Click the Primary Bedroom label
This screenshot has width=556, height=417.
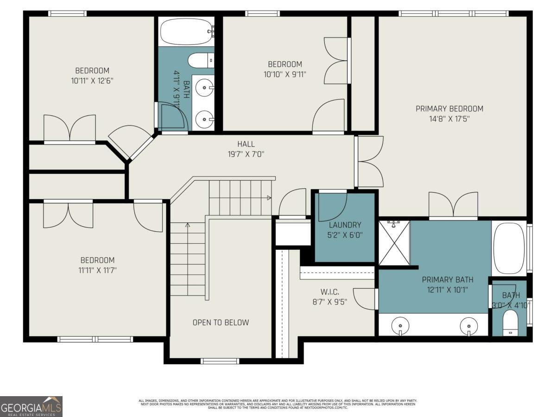(x=449, y=109)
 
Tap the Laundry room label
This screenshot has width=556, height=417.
(x=345, y=225)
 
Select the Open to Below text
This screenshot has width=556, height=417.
(x=221, y=322)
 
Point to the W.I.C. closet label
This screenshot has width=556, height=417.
(x=330, y=291)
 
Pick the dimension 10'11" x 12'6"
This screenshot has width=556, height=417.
(x=92, y=80)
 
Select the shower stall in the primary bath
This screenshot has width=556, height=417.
(x=394, y=243)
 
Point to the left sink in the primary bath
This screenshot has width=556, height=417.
(x=399, y=326)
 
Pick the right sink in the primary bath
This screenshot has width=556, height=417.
(x=469, y=326)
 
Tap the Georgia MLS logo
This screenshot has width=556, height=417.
(x=31, y=406)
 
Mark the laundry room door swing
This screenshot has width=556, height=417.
(x=332, y=206)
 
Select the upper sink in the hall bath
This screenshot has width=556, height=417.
(x=204, y=86)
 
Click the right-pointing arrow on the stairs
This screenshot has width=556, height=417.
(x=269, y=198)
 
